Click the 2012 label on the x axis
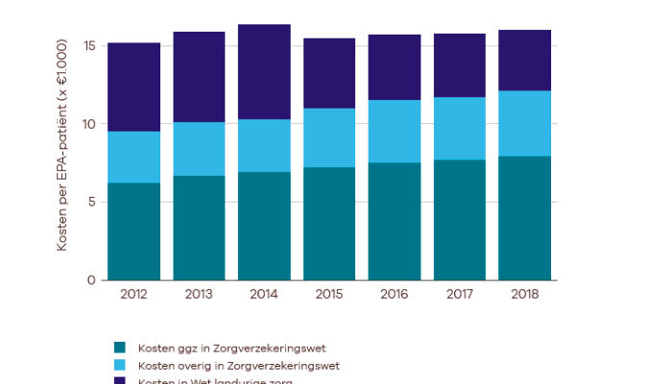[133, 295]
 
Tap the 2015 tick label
[329, 295]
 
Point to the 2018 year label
[525, 295]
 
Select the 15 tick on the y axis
[88, 46]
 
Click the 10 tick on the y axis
[88, 124]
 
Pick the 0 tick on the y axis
[91, 280]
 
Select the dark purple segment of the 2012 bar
[133, 87]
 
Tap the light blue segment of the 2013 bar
[199, 149]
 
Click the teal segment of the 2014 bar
[264, 226]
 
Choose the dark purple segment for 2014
[264, 72]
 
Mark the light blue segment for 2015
[329, 137]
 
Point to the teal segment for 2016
[395, 221]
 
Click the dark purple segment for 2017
[460, 65]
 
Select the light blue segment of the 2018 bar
[525, 123]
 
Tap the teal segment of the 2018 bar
[525, 218]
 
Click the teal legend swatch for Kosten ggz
[120, 348]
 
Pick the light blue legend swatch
[120, 366]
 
